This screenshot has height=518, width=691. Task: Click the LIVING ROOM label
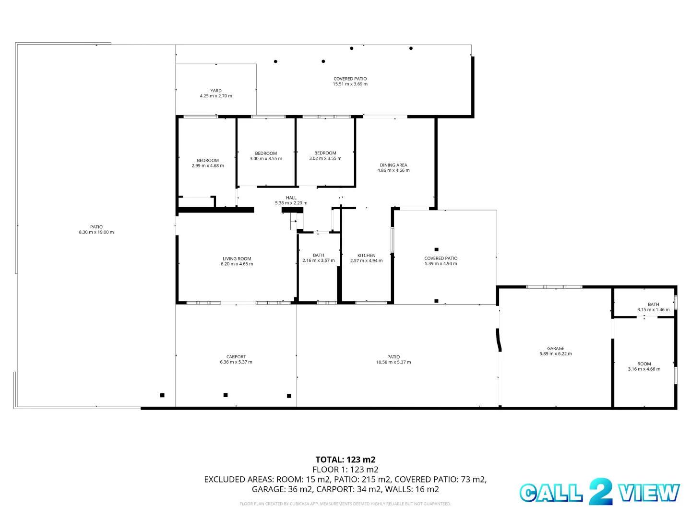(237, 259)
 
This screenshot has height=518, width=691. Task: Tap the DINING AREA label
(393, 165)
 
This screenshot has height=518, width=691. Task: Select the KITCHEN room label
(366, 255)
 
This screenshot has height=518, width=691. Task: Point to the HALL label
(291, 198)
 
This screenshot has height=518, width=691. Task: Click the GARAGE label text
(556, 348)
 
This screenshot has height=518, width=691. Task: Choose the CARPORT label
(236, 356)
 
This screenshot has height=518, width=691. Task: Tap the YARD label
(216, 90)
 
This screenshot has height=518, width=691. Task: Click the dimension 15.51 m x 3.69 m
(350, 84)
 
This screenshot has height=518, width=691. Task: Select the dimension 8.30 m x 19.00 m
(96, 232)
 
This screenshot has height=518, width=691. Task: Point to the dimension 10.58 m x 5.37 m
(393, 362)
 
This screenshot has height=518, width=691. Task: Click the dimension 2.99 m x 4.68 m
(208, 166)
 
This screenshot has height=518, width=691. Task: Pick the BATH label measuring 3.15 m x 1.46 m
(654, 304)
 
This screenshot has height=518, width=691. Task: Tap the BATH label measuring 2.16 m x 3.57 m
(319, 255)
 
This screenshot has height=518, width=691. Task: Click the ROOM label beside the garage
(644, 364)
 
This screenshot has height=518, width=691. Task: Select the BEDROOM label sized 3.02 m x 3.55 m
(325, 153)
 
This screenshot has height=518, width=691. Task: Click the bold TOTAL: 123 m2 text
(345, 459)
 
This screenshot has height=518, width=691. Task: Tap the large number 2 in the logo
(600, 492)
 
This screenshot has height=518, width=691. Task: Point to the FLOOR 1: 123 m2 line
(345, 470)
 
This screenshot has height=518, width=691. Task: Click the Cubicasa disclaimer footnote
(345, 504)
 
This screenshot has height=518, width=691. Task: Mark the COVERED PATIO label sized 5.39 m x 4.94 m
(441, 258)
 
